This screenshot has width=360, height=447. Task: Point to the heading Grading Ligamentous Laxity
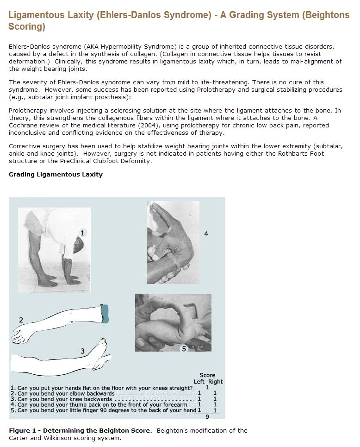pos(56,175)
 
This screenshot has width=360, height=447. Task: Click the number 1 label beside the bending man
pos(83,233)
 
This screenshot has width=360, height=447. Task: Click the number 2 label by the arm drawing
pos(21,320)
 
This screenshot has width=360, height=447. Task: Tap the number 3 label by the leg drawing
pos(82,351)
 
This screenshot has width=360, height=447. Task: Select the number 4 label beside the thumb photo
pos(206,234)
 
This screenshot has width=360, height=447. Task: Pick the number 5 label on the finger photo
pos(184,348)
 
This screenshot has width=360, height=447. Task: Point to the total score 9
pos(207,416)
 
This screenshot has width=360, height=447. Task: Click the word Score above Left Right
pos(207,375)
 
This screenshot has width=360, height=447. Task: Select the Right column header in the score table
pos(215,382)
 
